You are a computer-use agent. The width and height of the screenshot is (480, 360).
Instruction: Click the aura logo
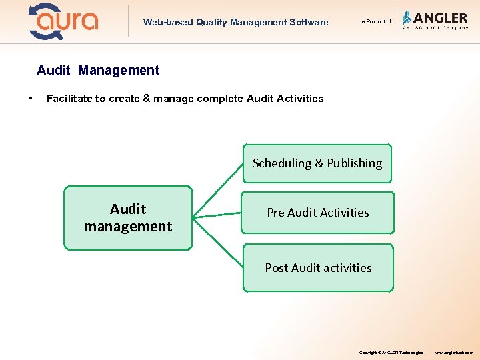(x=63, y=21)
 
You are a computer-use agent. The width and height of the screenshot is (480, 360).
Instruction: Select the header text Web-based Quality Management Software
(x=235, y=22)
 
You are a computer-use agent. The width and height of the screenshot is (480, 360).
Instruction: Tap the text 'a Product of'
(x=376, y=22)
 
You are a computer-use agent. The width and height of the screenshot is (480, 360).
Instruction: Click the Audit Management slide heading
(x=98, y=70)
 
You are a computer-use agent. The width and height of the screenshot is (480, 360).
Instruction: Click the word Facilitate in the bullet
(x=69, y=99)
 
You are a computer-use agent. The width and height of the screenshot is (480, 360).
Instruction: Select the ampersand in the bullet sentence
(x=147, y=99)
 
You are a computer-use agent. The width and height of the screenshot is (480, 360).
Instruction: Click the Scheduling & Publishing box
(x=317, y=163)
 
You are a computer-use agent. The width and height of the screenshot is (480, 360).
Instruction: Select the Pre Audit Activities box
(x=317, y=213)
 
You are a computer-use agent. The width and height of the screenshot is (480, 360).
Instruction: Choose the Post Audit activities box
(x=318, y=268)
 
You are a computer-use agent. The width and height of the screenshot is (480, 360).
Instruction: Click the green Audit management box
(x=128, y=218)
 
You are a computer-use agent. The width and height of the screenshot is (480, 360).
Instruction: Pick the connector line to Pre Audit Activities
(x=217, y=215)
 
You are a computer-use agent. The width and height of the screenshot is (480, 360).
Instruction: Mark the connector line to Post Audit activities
(x=218, y=242)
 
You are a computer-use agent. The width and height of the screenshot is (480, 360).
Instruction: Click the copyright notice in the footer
(x=391, y=353)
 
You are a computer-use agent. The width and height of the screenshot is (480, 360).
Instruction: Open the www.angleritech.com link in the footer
(x=454, y=353)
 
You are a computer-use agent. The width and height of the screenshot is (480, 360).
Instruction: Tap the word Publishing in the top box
(x=355, y=163)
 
